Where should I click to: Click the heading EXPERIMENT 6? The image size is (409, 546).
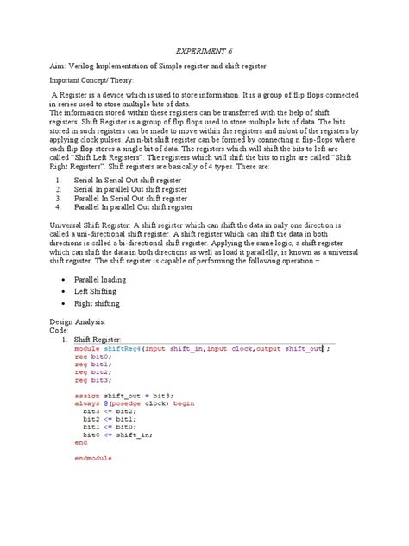204,50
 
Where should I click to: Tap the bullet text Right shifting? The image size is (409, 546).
98,304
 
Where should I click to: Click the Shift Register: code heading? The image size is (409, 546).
99,339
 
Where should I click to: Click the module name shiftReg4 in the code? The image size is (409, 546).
126,348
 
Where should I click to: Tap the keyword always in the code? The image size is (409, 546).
87,403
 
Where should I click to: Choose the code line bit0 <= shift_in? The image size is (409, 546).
115,434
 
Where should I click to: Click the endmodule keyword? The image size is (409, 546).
92,458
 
